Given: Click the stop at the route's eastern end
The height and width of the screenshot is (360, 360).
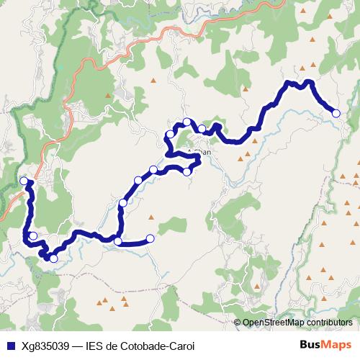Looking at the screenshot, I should click(x=336, y=112).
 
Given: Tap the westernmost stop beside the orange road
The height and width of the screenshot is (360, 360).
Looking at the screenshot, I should click(x=24, y=181).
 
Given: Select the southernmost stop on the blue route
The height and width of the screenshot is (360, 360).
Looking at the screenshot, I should click(x=53, y=258).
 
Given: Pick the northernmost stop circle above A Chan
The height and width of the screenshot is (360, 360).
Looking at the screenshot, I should click(x=187, y=122).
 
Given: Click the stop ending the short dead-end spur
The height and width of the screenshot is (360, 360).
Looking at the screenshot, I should click(x=150, y=238).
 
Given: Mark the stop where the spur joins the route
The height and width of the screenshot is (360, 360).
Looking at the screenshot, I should click(x=118, y=241).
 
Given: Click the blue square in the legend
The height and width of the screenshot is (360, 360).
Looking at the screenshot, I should click(x=10, y=346).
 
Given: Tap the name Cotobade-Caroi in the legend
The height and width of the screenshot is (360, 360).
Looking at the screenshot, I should click(x=161, y=346).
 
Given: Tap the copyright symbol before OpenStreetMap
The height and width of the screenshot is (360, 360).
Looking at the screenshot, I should click(x=238, y=323).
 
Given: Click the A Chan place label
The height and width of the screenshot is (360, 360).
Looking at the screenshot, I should click(x=201, y=153).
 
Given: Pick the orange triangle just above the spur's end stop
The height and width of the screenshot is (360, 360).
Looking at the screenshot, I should click(x=150, y=217).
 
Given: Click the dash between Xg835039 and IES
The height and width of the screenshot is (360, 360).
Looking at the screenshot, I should click(x=78, y=346).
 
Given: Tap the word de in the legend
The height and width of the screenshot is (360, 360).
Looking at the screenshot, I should click(x=117, y=346).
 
